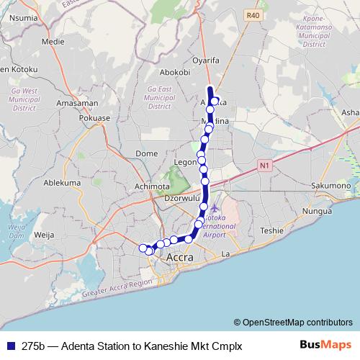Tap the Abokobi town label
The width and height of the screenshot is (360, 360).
(x=174, y=72)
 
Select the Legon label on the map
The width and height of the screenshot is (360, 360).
(x=185, y=163)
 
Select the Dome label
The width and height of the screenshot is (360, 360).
(x=146, y=153)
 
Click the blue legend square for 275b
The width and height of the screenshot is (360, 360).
(x=9, y=346)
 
